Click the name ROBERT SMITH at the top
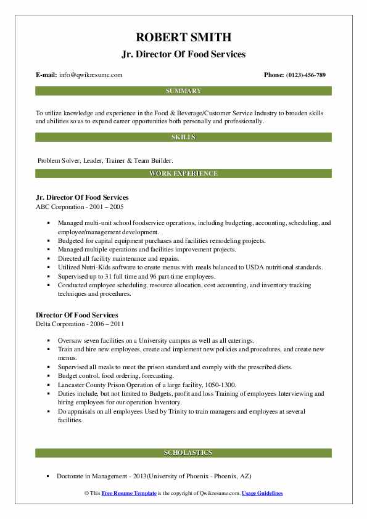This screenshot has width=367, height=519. tap(183, 37)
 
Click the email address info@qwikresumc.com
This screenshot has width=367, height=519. tap(91, 75)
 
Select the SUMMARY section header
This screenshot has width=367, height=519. tap(183, 91)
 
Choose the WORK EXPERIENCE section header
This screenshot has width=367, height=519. tap(183, 173)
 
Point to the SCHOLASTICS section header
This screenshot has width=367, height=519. tap(183, 452)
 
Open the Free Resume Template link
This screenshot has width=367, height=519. tap(129, 494)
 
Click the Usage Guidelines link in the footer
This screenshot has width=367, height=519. tap(262, 494)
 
